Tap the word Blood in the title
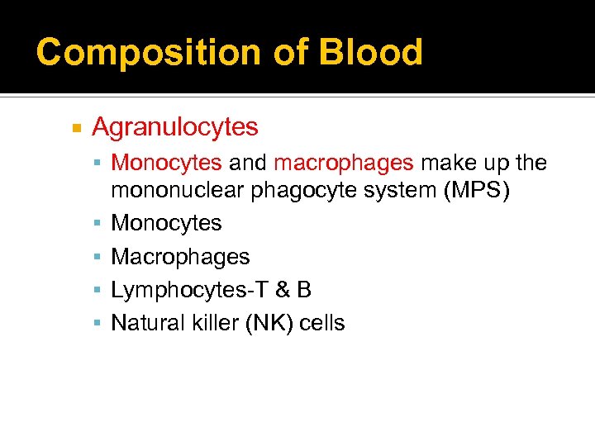pyautogui.click(x=371, y=51)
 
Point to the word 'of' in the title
pyautogui.click(x=293, y=51)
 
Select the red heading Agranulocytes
pyautogui.click(x=175, y=127)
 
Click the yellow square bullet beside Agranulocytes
pyautogui.click(x=76, y=128)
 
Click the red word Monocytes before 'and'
pyautogui.click(x=166, y=163)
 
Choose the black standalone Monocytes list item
pyautogui.click(x=166, y=223)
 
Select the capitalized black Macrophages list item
pyautogui.click(x=180, y=257)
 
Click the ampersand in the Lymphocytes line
pyautogui.click(x=281, y=290)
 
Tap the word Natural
pyautogui.click(x=140, y=323)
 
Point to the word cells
pyautogui.click(x=321, y=323)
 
